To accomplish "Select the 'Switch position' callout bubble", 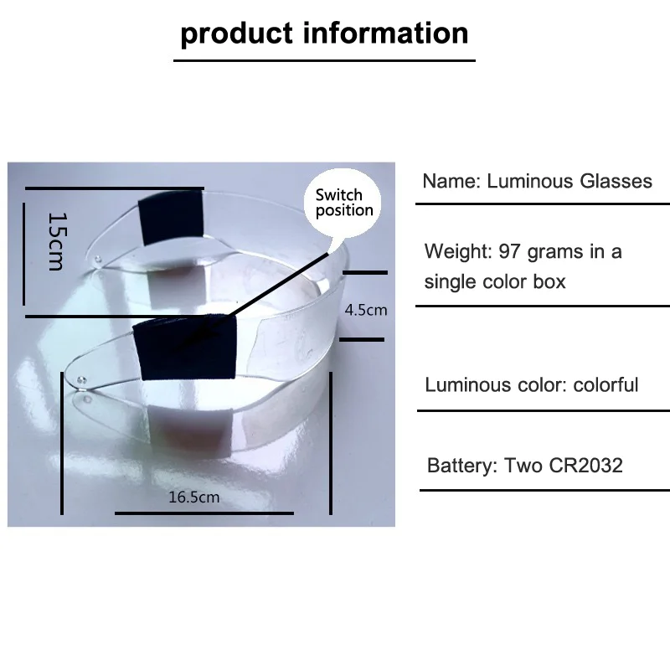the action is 343,203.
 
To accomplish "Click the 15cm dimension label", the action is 54,241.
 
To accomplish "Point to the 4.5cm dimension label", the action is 366,310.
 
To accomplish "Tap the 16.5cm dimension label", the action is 194,497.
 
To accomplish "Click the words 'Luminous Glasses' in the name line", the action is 569,181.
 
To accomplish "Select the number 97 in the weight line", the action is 511,251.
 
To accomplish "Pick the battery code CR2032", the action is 581,466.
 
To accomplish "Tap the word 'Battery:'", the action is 462,466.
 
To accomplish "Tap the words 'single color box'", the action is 495,281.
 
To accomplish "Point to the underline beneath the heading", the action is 324,60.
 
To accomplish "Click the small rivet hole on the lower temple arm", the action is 81,381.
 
